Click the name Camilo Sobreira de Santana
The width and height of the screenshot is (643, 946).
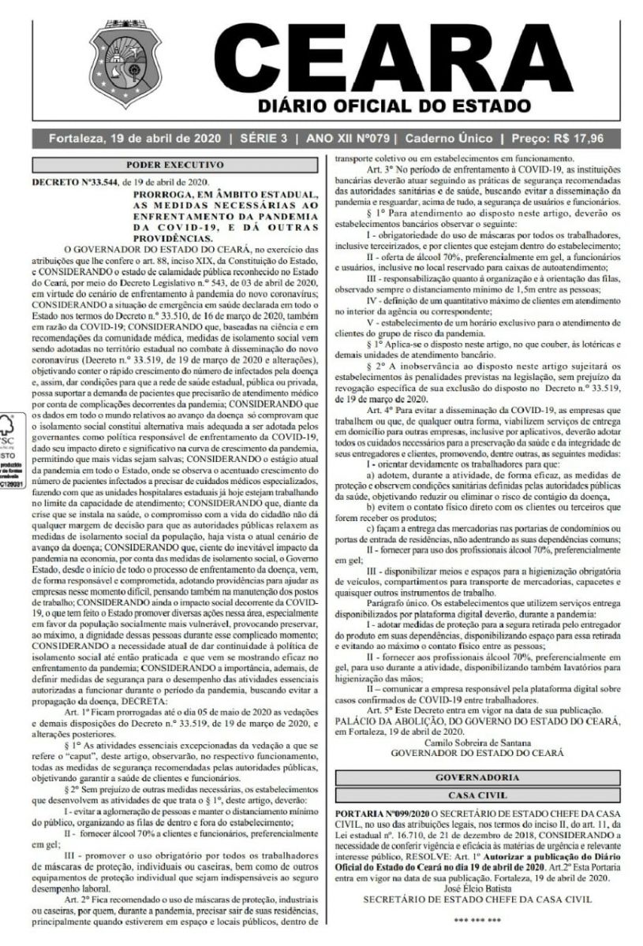pyautogui.click(x=479, y=743)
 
